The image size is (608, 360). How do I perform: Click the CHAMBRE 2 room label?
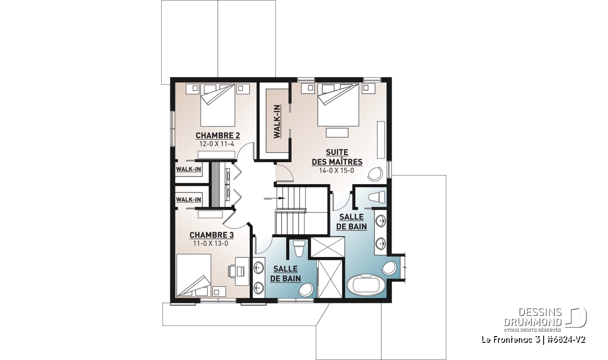(218, 135)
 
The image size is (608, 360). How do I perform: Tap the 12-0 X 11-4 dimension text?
(217, 144)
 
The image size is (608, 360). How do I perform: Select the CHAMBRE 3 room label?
(211, 235)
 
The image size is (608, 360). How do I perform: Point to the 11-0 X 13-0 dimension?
(211, 244)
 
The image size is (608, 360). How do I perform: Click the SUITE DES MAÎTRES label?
(337, 157)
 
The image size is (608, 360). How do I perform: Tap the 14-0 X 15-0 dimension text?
(336, 171)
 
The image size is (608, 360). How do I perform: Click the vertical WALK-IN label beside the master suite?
(277, 122)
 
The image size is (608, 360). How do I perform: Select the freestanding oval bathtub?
(366, 285)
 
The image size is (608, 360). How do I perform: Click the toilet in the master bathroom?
(378, 196)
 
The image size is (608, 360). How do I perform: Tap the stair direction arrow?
(275, 198)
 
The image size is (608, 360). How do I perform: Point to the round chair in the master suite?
(375, 174)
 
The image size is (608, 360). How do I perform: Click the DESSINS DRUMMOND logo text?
(533, 317)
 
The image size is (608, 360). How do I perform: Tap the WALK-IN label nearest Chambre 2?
(188, 169)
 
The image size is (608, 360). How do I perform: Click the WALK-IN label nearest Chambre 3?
(188, 199)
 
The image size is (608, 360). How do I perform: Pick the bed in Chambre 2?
(218, 105)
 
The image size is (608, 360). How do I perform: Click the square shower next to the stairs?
(328, 247)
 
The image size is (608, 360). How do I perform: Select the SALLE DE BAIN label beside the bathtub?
(352, 222)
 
